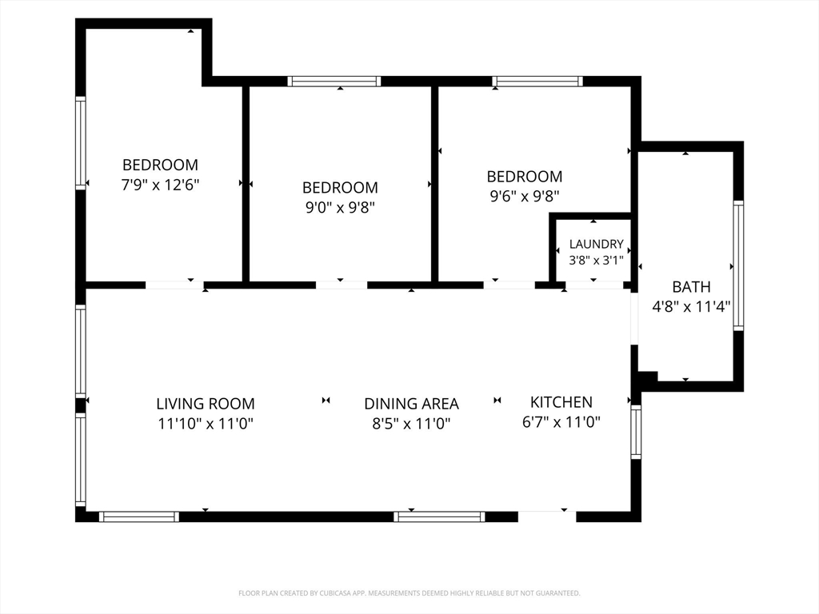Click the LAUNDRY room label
click(596, 244)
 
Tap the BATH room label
click(691, 287)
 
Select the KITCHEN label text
click(561, 402)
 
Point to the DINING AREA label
click(411, 404)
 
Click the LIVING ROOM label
click(206, 404)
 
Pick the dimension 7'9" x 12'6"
click(160, 185)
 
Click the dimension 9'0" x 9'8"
click(340, 208)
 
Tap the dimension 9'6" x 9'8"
click(525, 197)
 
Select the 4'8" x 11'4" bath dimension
click(691, 306)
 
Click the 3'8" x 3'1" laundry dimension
click(596, 260)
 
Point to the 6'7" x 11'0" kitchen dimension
click(561, 422)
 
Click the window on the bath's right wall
click(738, 265)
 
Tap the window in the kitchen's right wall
click(636, 432)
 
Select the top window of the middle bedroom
click(334, 82)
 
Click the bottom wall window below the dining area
click(439, 517)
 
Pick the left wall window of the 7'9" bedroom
click(81, 143)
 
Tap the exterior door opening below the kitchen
click(547, 516)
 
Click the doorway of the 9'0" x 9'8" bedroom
click(342, 285)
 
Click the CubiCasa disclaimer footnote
click(409, 593)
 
